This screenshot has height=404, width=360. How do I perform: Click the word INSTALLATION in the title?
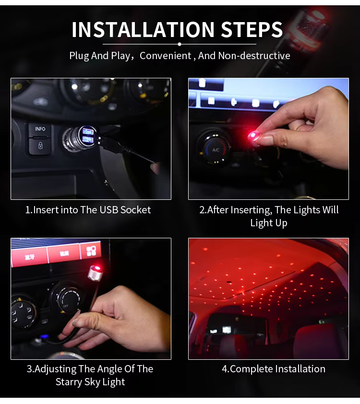143,30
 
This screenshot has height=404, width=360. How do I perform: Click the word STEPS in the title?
252,30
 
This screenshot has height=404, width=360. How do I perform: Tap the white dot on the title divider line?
180,44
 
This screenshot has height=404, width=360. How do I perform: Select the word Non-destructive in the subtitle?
254,56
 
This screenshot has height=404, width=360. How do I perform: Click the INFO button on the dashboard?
40,129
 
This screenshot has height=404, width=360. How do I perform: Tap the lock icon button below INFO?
40,146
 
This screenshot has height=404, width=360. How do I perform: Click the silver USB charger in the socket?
80,139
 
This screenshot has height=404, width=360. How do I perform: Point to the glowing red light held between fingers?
253,135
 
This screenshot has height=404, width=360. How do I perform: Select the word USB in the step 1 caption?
109,210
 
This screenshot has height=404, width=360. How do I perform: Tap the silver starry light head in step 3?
95,272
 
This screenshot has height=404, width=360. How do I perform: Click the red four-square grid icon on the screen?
91,251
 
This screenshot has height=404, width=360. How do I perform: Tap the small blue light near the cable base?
45,336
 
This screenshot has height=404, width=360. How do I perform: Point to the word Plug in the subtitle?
79,56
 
